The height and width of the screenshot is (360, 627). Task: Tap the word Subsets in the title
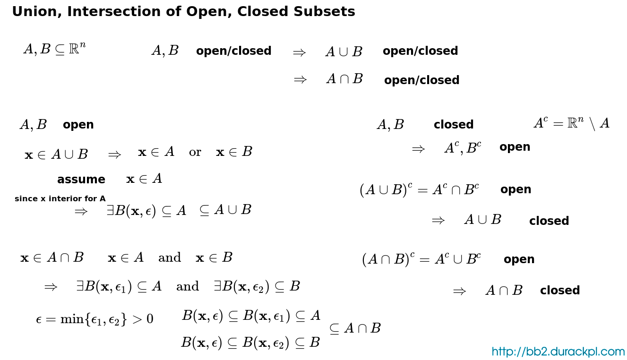325,12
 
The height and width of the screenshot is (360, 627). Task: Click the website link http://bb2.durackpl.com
558,351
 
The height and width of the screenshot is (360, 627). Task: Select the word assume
81,180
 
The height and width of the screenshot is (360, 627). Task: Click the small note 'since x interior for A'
60,198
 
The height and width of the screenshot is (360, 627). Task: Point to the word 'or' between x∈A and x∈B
195,152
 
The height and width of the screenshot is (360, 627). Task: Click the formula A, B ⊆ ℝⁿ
55,49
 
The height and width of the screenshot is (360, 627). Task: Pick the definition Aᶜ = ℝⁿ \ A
572,123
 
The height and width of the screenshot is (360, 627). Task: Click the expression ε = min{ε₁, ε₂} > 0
94,319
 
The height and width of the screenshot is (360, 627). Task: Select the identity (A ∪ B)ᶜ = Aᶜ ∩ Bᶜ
419,189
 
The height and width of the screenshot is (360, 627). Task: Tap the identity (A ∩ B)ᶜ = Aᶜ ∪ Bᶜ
421,259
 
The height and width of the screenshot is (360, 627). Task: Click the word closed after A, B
454,124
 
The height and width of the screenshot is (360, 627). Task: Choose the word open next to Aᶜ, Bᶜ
515,147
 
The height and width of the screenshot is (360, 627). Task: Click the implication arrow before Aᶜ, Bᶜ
418,149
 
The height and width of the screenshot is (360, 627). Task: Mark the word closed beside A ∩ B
560,290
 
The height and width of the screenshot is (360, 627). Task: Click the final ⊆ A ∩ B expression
355,328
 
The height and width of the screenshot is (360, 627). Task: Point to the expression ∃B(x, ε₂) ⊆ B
257,286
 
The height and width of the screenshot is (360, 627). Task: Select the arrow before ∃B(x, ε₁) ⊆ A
51,287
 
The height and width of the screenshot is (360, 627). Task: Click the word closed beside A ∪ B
549,221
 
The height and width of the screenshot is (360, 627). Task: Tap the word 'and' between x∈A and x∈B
170,257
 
